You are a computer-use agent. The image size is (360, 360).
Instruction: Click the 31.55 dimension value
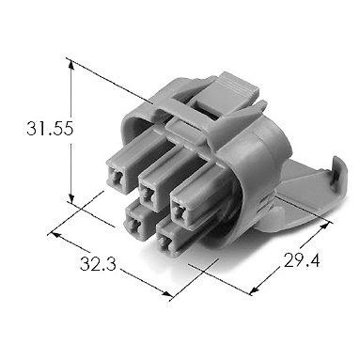pyautogui.click(x=50, y=129)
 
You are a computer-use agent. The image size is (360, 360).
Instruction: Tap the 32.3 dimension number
pyautogui.click(x=98, y=263)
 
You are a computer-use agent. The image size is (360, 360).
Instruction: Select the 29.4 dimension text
pyautogui.click(x=302, y=260)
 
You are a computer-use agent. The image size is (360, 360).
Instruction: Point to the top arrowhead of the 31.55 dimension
pyautogui.click(x=71, y=65)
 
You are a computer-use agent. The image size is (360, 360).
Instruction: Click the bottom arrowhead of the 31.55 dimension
pyautogui.click(x=71, y=198)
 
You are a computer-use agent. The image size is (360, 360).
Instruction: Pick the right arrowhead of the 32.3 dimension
pyautogui.click(x=166, y=293)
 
